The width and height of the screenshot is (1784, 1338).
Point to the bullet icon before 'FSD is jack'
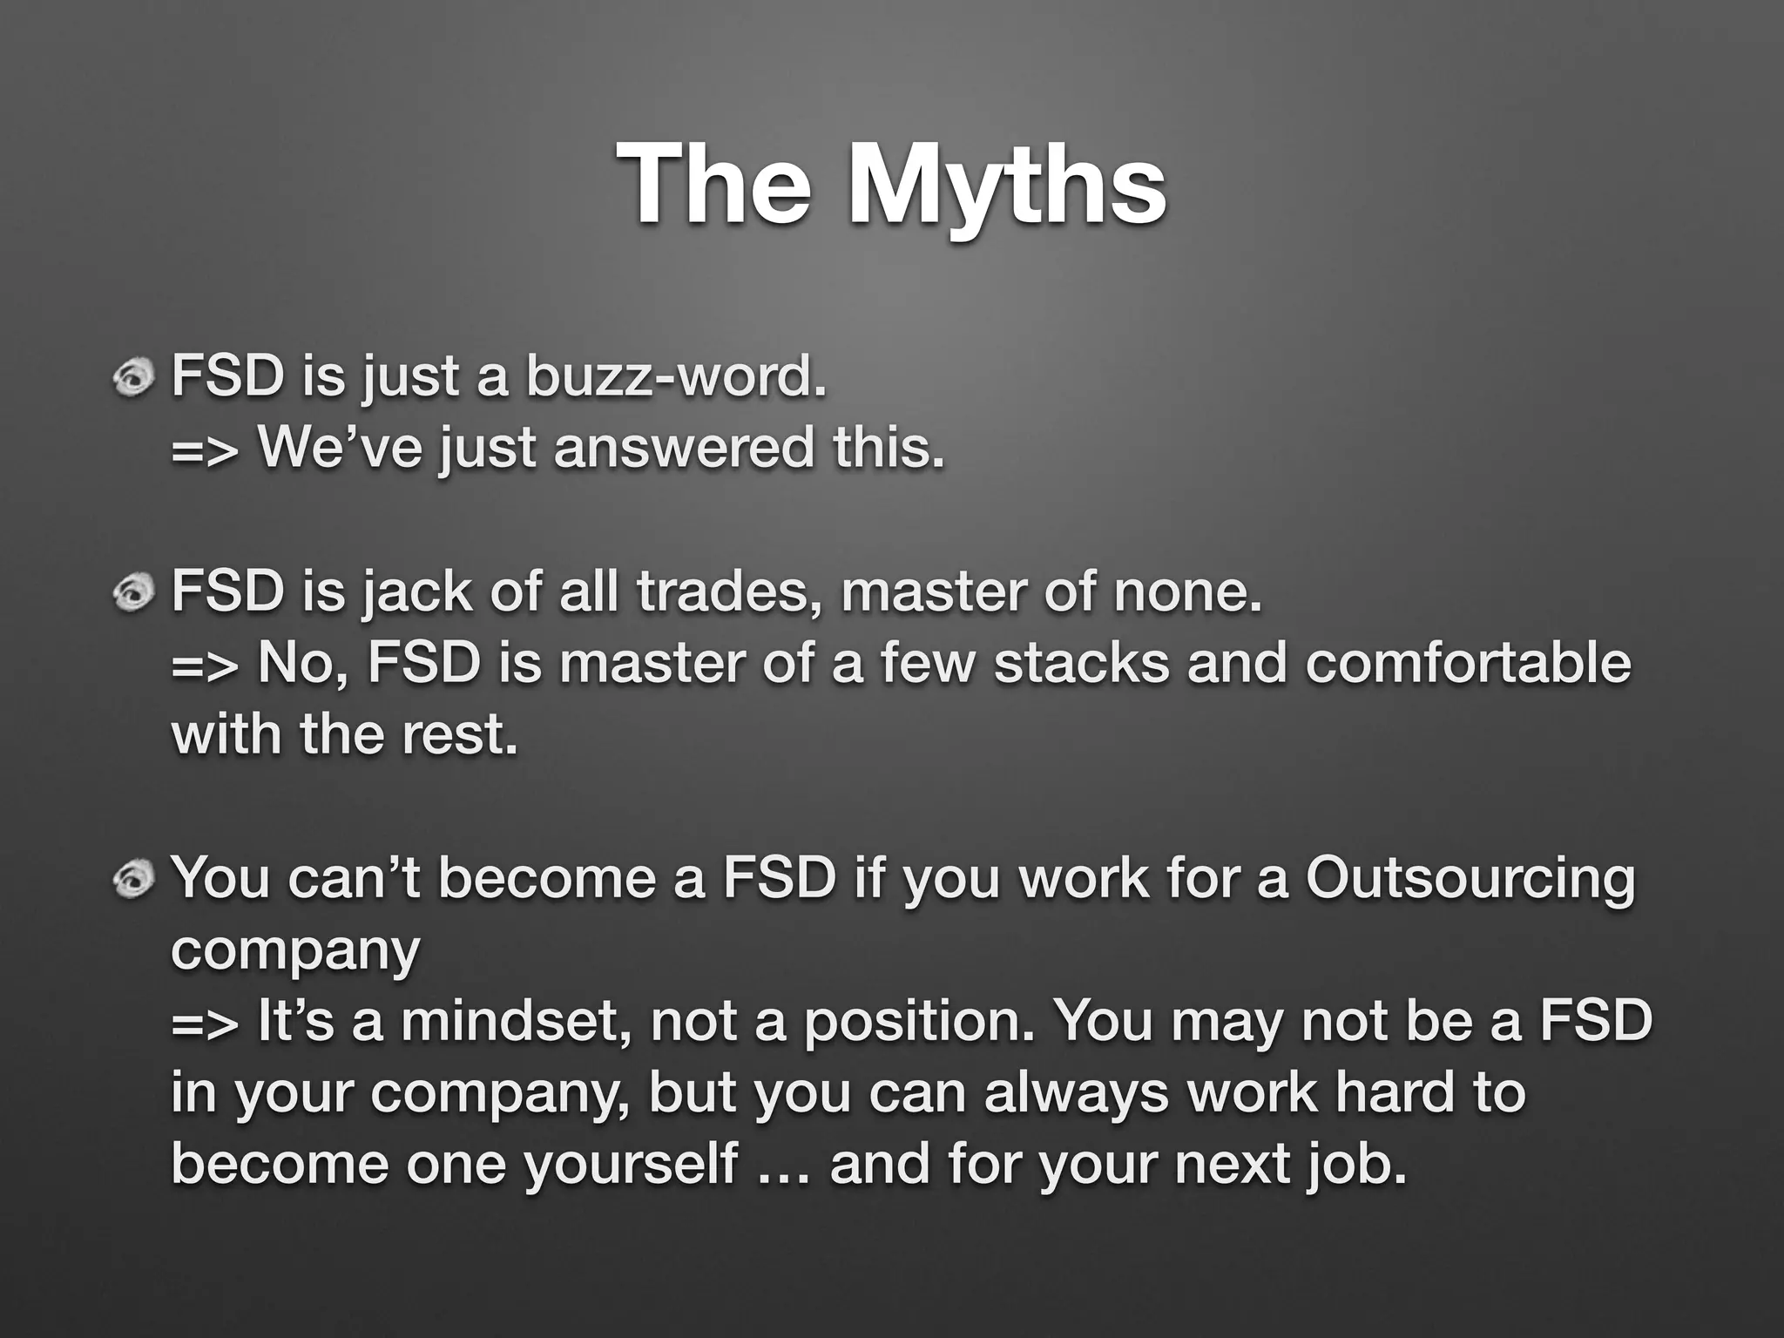coord(133,593)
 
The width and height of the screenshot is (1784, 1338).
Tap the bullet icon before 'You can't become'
coord(133,879)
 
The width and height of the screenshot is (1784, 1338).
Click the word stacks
coord(1081,663)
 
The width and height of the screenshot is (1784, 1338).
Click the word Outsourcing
coord(1470,879)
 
